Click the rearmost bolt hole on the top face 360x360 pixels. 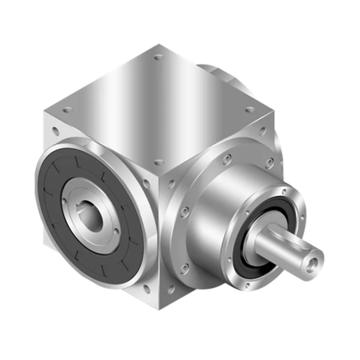coord(159,57)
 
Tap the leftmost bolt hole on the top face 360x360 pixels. coord(68,110)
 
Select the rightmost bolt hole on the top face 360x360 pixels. coord(250,110)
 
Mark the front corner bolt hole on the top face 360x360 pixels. coord(159,163)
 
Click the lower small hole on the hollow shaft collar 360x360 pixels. coord(117,231)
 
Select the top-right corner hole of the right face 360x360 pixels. coord(263,130)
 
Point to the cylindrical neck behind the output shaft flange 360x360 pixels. coord(211,211)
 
